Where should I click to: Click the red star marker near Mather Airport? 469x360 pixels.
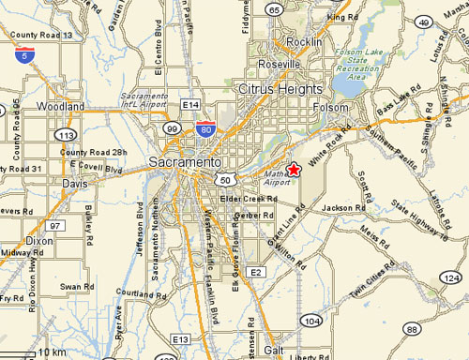pyautogui.click(x=294, y=170)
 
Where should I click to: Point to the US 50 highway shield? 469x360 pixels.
pyautogui.click(x=223, y=178)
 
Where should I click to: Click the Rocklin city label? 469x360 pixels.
pyautogui.click(x=304, y=43)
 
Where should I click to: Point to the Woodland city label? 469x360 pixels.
pyautogui.click(x=60, y=108)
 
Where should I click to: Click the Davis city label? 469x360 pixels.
pyautogui.click(x=75, y=184)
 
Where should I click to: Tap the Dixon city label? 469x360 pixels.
pyautogui.click(x=14, y=240)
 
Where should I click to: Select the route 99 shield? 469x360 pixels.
pyautogui.click(x=171, y=128)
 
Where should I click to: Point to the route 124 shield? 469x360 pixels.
pyautogui.click(x=452, y=278)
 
